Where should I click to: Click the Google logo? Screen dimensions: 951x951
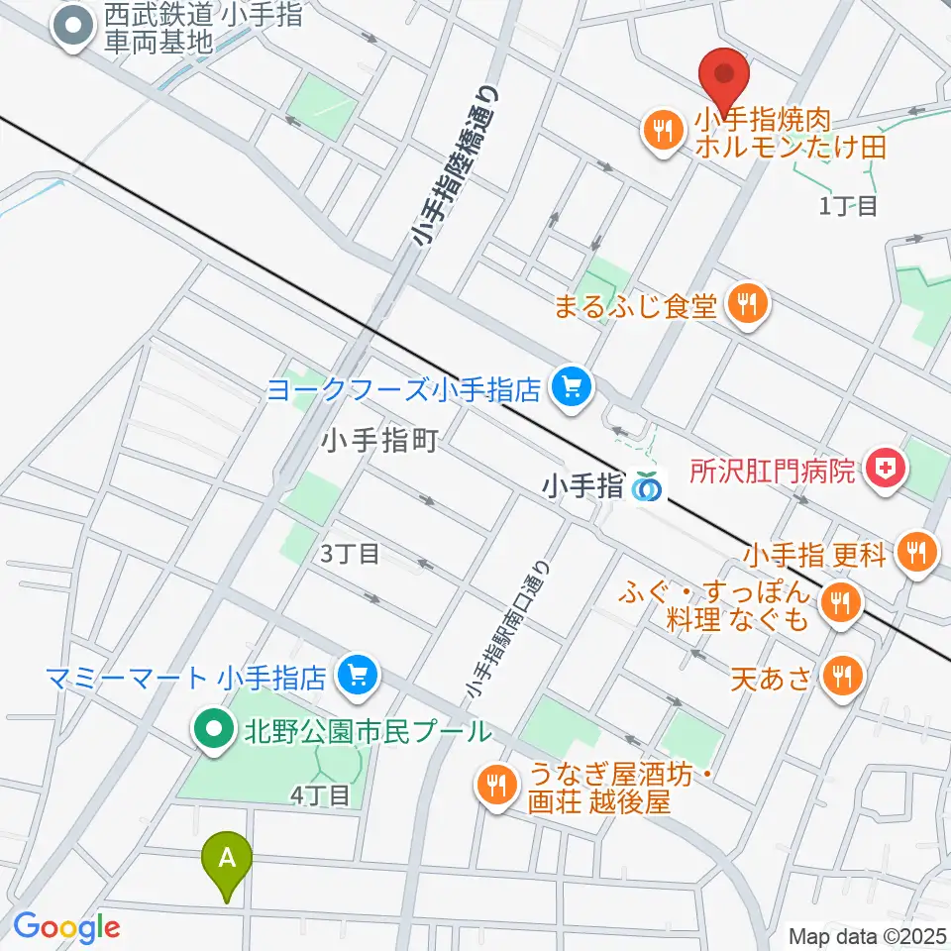point(66,927)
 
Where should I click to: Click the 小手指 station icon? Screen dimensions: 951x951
point(648,486)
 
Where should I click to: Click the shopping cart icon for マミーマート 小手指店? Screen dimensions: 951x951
point(357,677)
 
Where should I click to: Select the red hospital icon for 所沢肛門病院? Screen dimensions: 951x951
point(884,470)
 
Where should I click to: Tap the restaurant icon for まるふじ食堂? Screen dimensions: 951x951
point(747,304)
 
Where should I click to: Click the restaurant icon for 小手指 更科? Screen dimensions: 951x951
point(913,552)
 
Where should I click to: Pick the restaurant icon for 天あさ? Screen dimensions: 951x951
point(844,677)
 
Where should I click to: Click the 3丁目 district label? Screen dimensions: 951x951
point(349,554)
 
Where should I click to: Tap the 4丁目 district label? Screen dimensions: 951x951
point(320,794)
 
